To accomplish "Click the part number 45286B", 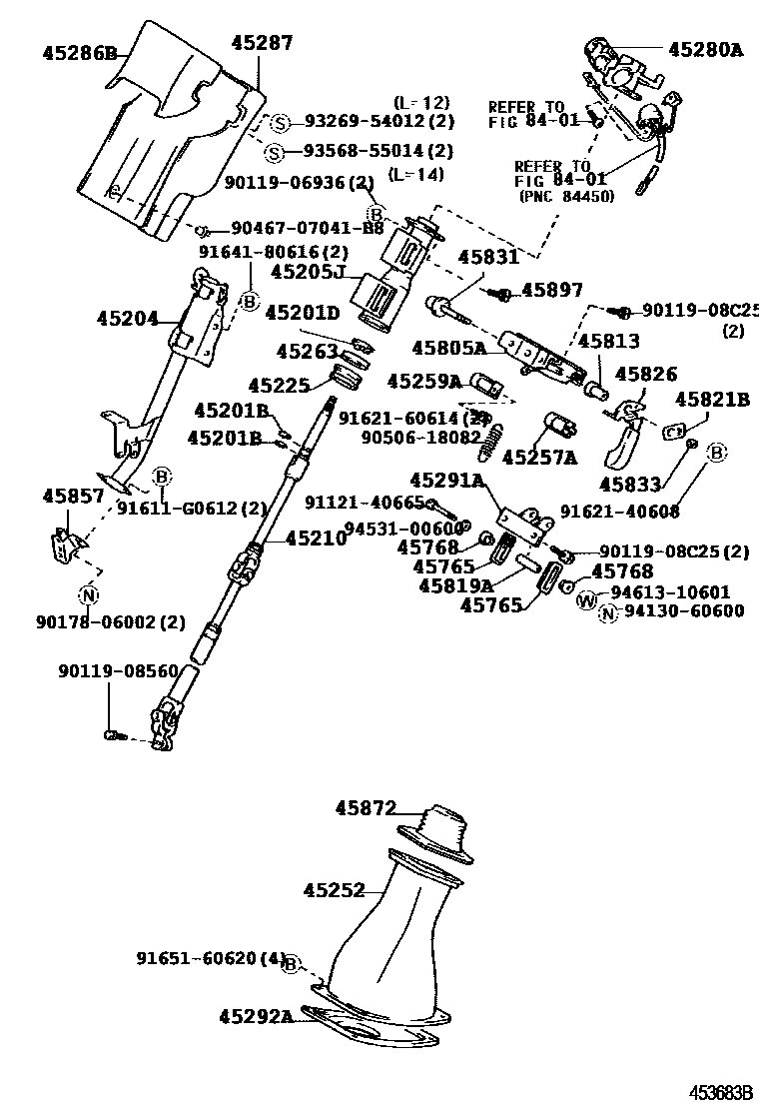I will coord(80,53).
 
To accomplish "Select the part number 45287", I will coord(262,43).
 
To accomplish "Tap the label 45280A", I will coord(706,47).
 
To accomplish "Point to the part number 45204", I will coord(128,319).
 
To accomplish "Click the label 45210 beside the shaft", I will coord(316,539).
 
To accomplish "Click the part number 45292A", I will coord(256,1017).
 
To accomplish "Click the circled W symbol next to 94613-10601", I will coord(586,599).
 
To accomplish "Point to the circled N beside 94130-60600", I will coord(607,612).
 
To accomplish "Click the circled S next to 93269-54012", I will coord(281,123).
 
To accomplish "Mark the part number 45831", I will coord(488,257).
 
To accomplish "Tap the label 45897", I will coord(552,291).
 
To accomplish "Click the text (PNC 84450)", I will coord(564,196).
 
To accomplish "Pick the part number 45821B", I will coord(712,399).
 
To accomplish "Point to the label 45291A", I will coord(446,481).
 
